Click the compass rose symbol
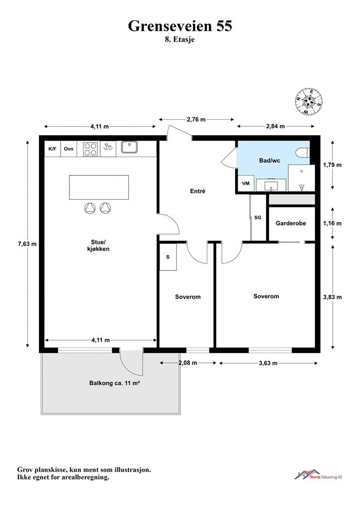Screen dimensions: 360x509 coord(309,101)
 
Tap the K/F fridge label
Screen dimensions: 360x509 coord(52,149)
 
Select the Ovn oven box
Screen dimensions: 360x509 coord(69,149)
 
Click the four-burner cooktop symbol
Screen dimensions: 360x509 coord(90,149)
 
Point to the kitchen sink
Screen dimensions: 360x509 coord(129,147)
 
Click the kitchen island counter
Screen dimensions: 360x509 coord(98,187)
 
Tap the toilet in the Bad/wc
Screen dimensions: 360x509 coord(302,152)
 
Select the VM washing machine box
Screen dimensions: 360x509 coord(246,183)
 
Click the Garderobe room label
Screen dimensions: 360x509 coord(291,223)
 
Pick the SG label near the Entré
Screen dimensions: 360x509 coord(258,218)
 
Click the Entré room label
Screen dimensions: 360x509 coord(198,191)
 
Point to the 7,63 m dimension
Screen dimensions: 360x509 coord(27,244)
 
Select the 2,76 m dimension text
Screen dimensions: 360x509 coord(196,119)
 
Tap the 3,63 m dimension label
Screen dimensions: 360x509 coord(268,363)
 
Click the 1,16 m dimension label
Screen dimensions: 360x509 coord(333,223)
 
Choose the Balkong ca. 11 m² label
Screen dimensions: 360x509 coord(114,383)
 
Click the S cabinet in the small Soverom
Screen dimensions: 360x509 coord(168,257)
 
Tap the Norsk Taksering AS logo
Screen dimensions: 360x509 coord(318,475)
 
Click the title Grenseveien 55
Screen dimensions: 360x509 coord(180,26)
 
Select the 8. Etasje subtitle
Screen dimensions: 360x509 coord(180,40)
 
